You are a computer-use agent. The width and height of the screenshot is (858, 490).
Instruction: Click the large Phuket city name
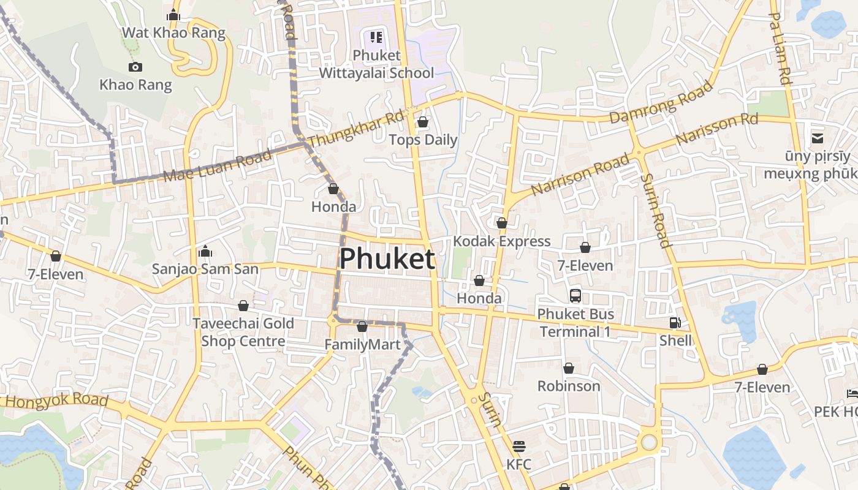(387, 259)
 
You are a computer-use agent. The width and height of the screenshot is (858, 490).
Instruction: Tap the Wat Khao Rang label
(173, 32)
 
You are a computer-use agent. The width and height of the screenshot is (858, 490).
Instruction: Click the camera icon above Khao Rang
(135, 67)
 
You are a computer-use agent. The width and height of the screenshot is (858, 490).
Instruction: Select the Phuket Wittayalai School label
(376, 64)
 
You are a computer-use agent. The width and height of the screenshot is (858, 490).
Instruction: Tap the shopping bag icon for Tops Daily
(422, 122)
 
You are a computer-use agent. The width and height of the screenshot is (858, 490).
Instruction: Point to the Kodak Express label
(501, 241)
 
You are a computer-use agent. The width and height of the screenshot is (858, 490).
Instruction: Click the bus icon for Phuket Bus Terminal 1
(575, 296)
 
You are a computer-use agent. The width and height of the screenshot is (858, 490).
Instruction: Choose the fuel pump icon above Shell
(675, 322)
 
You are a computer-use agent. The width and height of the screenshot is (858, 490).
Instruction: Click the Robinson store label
(568, 386)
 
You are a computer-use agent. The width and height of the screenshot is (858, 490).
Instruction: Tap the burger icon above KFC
(518, 445)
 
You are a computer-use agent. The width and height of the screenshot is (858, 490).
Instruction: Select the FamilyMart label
(362, 345)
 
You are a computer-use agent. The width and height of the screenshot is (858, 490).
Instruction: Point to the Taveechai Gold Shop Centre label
(243, 332)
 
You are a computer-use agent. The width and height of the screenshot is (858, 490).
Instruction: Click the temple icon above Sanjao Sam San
(205, 251)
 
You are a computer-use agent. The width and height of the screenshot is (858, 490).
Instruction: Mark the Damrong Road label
(661, 102)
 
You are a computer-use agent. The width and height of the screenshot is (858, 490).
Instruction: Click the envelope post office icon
(817, 138)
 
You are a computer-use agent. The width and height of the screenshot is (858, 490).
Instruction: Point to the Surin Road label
(656, 211)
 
